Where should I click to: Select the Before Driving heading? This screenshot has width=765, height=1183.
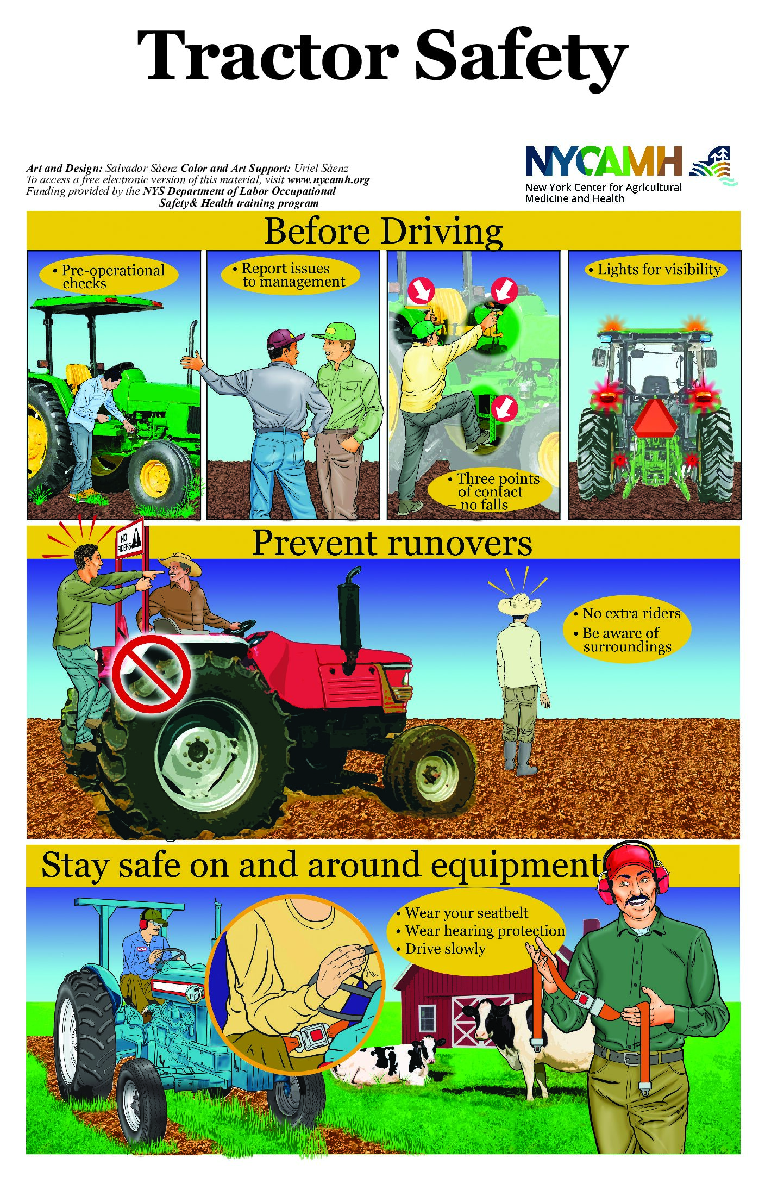[384, 232]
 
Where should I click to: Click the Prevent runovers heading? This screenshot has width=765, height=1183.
[392, 543]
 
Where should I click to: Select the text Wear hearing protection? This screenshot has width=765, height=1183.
[485, 931]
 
